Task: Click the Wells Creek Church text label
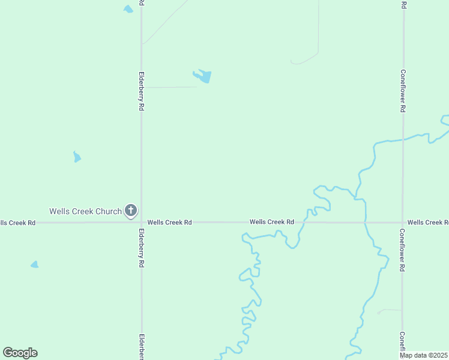85,211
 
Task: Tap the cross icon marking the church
131,211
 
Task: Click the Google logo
20,353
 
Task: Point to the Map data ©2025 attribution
423,355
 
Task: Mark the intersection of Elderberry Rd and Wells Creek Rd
141,222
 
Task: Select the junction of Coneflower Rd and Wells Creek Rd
403,222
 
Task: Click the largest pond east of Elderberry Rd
203,76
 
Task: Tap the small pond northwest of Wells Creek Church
77,157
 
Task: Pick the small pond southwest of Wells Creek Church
35,265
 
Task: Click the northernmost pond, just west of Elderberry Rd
128,9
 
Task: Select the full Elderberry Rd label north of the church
142,91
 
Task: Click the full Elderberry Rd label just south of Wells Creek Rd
142,248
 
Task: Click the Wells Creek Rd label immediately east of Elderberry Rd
169,222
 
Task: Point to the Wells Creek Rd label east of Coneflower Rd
427,222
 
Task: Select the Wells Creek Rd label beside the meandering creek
272,222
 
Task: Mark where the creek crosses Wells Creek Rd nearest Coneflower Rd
365,222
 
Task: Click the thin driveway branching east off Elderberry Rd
171,87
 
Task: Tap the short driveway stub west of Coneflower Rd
390,311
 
